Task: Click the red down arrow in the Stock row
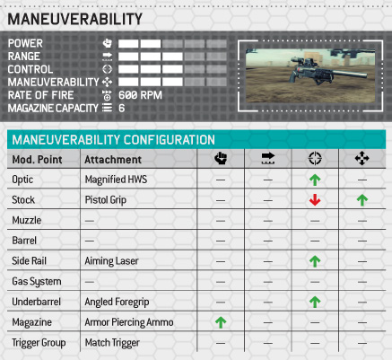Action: point(315,199)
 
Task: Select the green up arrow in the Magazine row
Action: point(221,322)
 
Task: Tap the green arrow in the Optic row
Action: point(315,180)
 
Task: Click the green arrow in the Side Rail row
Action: point(315,261)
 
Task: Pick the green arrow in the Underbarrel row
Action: point(315,302)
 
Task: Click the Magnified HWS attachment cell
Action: point(116,180)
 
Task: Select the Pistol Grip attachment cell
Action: point(106,200)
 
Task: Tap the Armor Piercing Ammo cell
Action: point(129,322)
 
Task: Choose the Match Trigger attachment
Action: point(112,343)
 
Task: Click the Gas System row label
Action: point(37,282)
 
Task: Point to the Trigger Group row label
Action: point(39,343)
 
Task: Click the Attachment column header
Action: point(113,160)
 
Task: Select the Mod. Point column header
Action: point(37,160)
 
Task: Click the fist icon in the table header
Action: point(221,158)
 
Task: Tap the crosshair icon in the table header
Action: point(315,158)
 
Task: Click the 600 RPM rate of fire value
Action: point(140,95)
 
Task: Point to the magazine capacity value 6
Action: point(121,108)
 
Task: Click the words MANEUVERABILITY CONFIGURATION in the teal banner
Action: point(113,140)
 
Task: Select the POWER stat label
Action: point(25,43)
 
